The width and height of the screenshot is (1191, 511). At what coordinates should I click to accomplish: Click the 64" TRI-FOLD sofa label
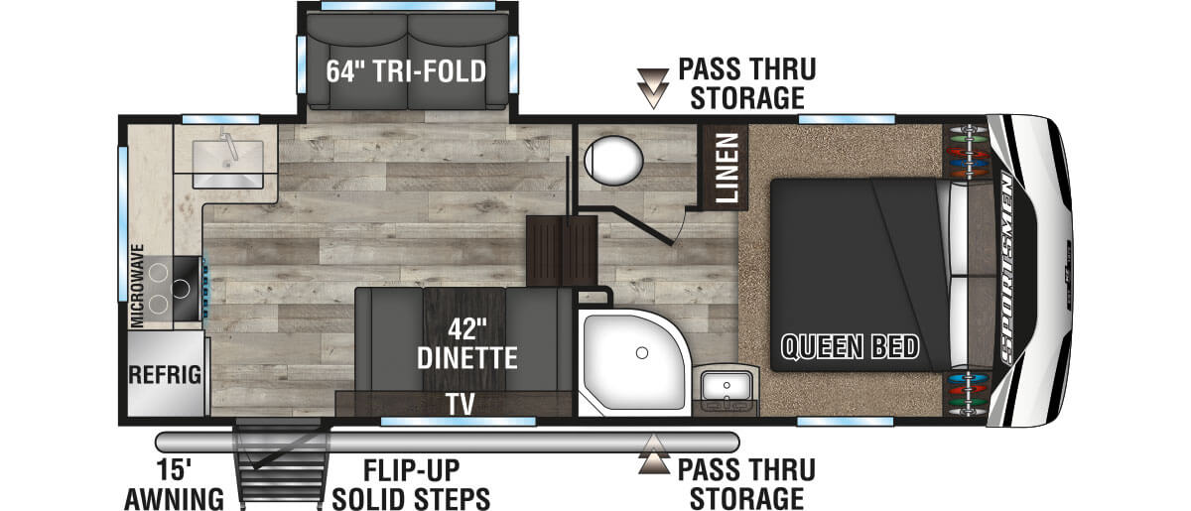point(408,72)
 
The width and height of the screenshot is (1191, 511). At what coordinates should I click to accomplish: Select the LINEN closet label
point(726,168)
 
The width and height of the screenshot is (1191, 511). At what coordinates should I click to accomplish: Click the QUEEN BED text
point(850,347)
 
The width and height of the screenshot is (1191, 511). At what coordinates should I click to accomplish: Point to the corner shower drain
point(643,352)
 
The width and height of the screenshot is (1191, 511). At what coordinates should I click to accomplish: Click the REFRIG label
point(165,375)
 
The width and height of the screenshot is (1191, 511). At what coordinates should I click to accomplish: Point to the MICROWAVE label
point(138,285)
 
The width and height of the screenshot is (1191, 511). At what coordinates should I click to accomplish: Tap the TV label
point(459,404)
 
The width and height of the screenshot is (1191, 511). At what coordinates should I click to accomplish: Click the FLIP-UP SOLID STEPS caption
point(411,483)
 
